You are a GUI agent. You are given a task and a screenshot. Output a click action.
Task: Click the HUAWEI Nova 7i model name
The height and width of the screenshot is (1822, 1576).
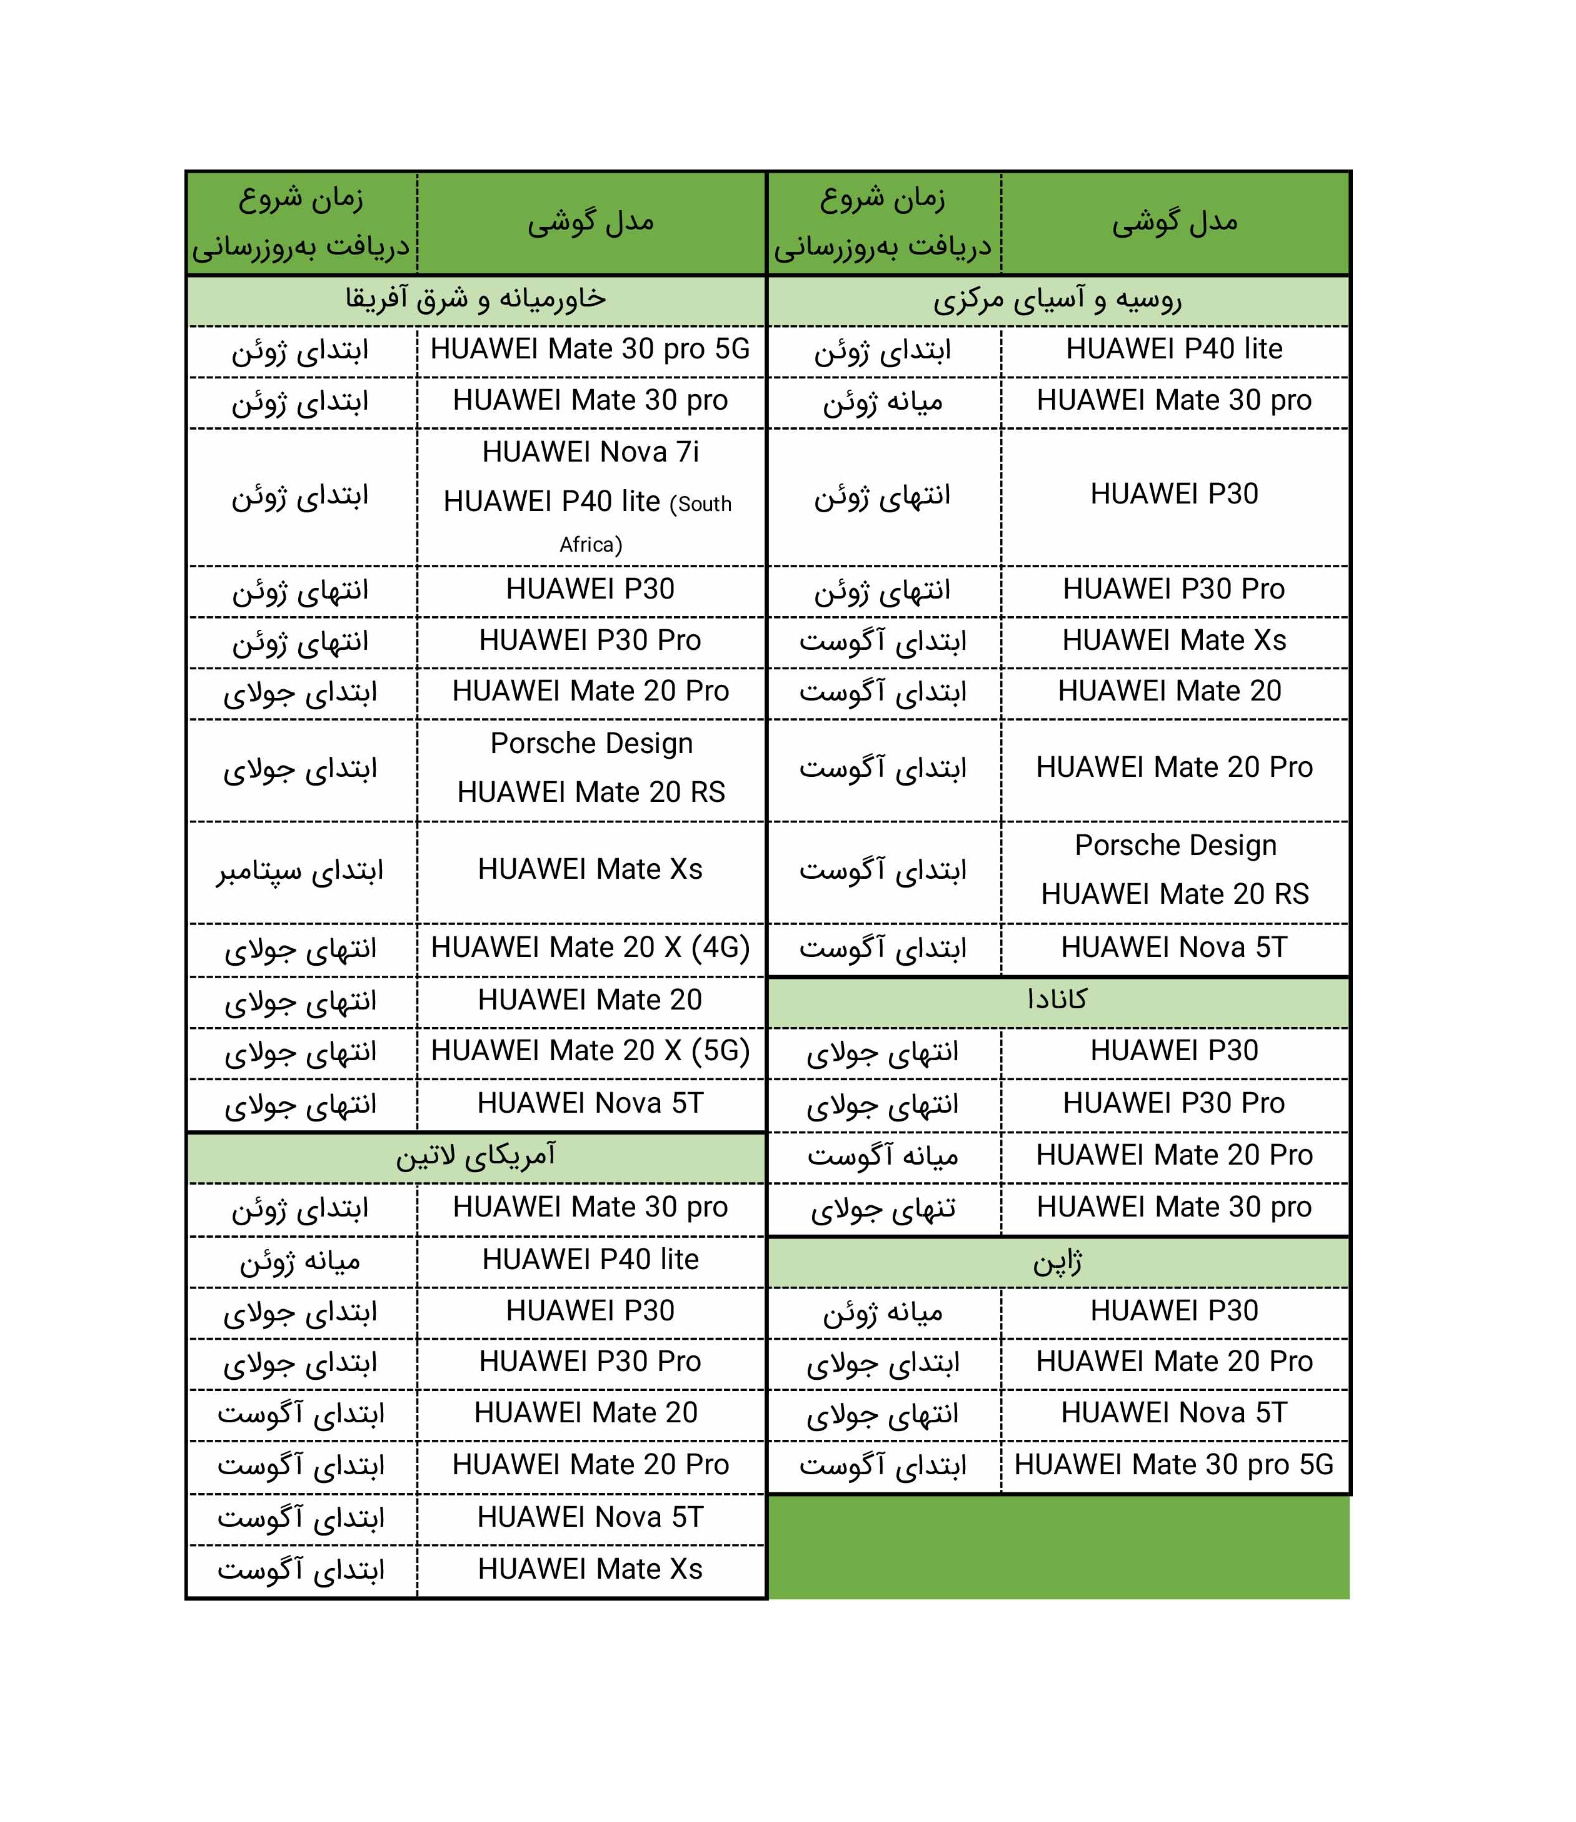590,452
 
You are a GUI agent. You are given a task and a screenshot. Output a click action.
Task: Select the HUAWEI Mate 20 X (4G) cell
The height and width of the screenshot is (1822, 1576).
590,948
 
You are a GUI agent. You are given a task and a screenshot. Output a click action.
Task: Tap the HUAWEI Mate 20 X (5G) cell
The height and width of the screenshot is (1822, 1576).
590,1051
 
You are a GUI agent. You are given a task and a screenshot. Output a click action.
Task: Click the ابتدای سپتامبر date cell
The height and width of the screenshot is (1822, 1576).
301,871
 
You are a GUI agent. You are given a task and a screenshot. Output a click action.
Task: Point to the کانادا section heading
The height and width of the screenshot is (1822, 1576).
1057,1000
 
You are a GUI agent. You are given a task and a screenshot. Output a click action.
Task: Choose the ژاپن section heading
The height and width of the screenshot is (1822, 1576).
1057,1262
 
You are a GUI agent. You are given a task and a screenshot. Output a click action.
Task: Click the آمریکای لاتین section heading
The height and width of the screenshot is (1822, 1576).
476,1156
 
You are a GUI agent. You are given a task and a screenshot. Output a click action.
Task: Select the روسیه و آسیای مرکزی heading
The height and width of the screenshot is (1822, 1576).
1057,300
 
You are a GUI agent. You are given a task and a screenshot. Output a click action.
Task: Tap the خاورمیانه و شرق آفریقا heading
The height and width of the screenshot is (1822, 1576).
476,299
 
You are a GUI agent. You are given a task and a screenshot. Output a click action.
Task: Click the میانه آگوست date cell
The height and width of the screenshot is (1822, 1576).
883,1155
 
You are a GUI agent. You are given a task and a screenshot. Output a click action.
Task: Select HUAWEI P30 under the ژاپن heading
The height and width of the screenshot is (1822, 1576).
1174,1311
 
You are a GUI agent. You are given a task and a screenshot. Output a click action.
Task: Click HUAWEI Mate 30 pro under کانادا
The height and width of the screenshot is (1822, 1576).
1174,1207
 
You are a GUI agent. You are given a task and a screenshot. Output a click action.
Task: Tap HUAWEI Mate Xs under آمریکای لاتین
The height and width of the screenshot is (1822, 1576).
590,1569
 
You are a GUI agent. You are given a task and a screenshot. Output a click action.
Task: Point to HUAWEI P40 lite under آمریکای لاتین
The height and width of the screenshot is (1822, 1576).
590,1260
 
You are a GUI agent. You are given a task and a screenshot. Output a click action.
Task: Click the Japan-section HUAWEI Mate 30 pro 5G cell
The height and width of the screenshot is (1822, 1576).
1174,1465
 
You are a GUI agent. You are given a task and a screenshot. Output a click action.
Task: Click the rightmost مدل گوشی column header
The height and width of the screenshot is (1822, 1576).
1174,223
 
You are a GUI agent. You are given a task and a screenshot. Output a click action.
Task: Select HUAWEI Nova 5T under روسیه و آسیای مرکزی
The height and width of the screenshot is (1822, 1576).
1174,948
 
